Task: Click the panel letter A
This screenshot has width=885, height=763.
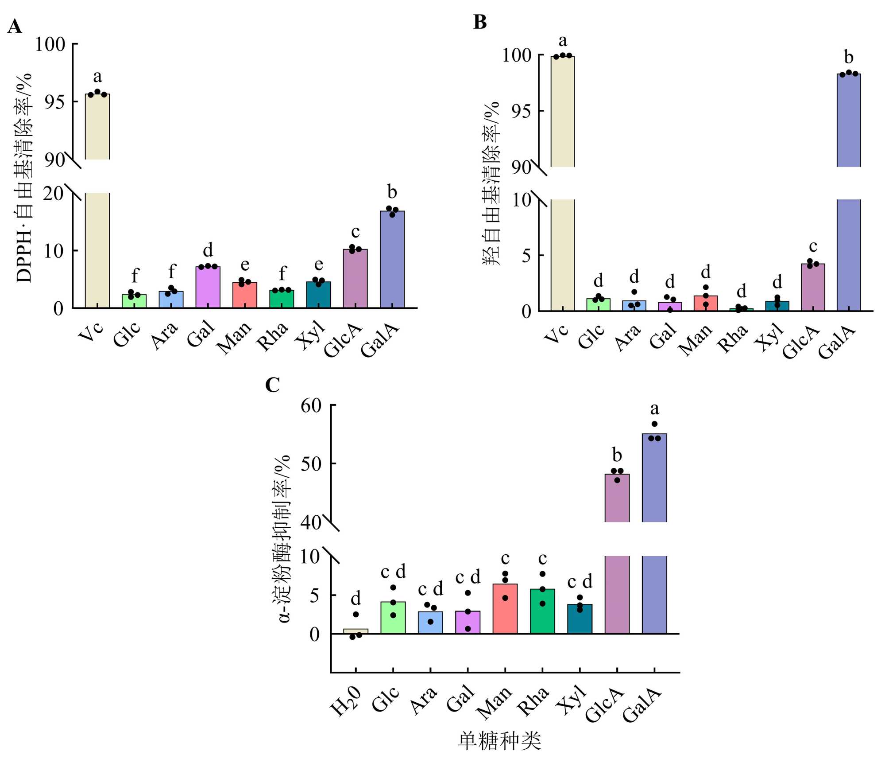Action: tap(15, 27)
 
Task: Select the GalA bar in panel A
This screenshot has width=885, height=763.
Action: tap(392, 259)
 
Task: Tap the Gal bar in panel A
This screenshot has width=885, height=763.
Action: tap(208, 287)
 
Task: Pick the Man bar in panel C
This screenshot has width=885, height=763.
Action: tap(505, 609)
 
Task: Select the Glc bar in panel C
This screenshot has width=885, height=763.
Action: tap(393, 618)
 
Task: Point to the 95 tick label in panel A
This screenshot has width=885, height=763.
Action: tap(54, 102)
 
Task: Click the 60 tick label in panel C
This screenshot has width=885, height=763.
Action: tap(311, 405)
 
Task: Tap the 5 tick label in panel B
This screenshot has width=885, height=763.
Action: tap(526, 256)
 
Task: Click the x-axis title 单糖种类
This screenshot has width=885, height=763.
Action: tap(499, 741)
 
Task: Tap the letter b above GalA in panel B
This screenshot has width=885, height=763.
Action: tap(848, 57)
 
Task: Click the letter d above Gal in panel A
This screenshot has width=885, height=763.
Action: tap(208, 250)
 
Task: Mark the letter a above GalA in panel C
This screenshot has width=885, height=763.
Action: tap(654, 409)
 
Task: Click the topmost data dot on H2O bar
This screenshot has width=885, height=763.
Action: tap(356, 614)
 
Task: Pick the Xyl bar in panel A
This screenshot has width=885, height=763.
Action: tap(318, 295)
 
